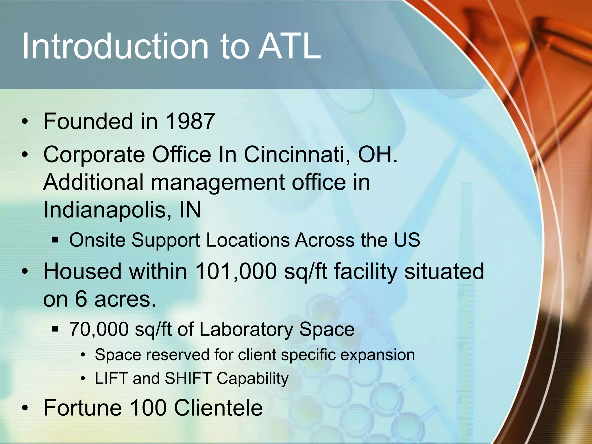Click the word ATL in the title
[289, 46]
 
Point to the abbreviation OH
[377, 155]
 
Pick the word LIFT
[111, 378]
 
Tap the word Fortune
[83, 408]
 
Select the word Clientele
[218, 408]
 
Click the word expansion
[377, 355]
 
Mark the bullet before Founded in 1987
[25, 122]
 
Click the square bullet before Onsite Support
[55, 240]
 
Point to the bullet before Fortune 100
[25, 408]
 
